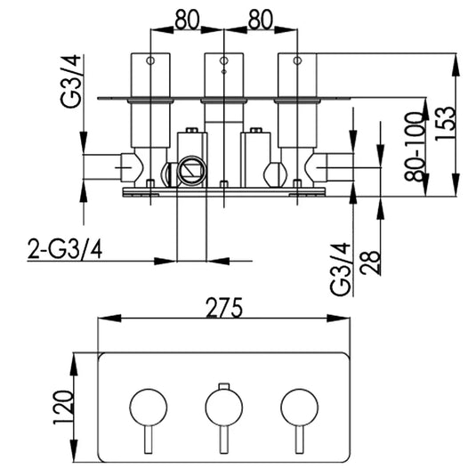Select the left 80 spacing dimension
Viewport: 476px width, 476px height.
pyautogui.click(x=185, y=18)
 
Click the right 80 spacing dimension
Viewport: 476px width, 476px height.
pyautogui.click(x=260, y=18)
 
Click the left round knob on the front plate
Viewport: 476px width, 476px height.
pyautogui.click(x=148, y=407)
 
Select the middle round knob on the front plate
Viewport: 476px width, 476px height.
pyautogui.click(x=223, y=407)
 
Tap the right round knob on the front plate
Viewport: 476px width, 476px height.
pyautogui.click(x=299, y=407)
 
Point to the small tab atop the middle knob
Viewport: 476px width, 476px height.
pyautogui.click(x=223, y=386)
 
